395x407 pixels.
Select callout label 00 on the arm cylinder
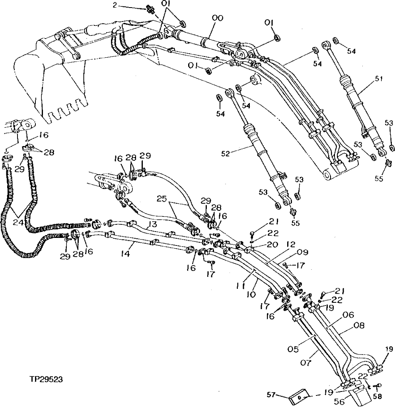(218, 18)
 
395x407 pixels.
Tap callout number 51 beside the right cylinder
(378, 79)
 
